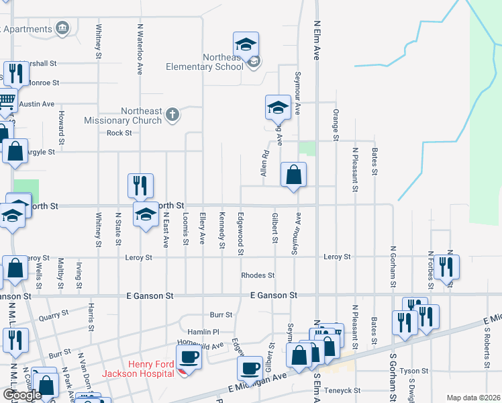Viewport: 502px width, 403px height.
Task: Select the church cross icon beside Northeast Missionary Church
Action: (172, 114)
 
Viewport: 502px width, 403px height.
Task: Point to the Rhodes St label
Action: (258, 275)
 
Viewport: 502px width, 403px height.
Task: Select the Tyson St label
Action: (413, 371)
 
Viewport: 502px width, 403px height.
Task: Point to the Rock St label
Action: (119, 133)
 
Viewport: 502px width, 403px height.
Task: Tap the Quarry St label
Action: (54, 316)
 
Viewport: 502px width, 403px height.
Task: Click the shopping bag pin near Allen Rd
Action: (293, 175)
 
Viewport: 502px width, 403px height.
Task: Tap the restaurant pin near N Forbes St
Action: (446, 267)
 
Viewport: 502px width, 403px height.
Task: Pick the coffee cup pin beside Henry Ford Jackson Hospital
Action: (189, 357)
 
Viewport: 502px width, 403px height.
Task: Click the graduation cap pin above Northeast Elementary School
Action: (246, 45)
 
